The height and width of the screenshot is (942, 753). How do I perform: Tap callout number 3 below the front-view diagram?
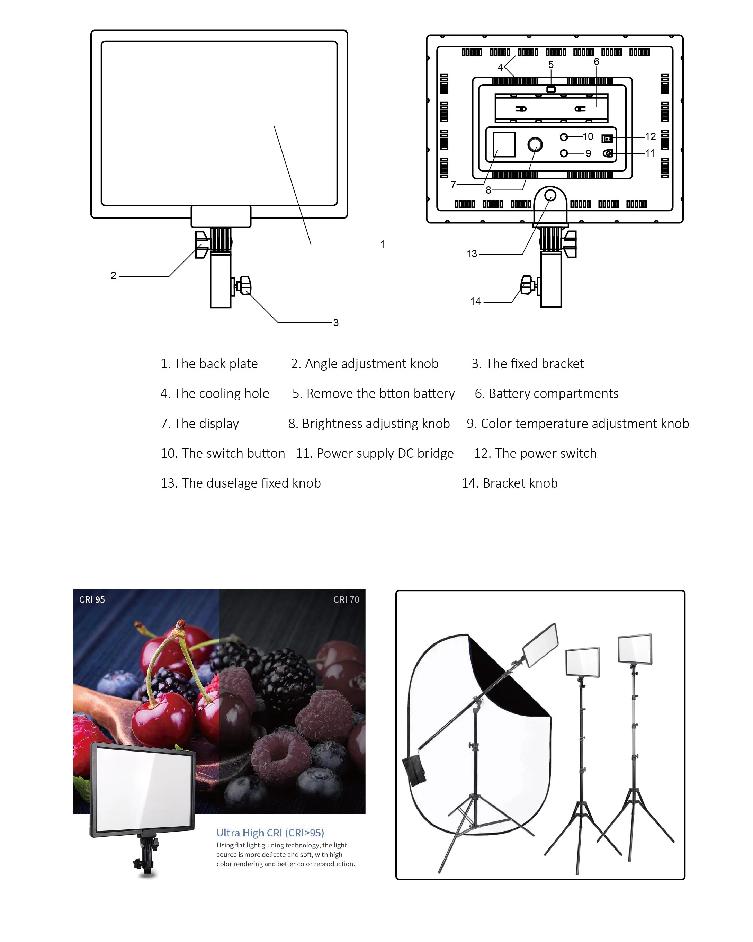(x=335, y=322)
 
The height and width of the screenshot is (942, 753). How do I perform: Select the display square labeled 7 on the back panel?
(x=504, y=144)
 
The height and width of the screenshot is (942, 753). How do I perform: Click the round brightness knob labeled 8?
(x=535, y=144)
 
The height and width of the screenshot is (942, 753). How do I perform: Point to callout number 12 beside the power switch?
(x=650, y=136)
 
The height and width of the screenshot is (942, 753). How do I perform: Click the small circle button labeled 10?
(x=563, y=137)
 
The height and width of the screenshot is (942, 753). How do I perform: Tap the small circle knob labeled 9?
(x=563, y=153)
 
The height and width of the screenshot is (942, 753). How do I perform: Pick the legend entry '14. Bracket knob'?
(x=509, y=483)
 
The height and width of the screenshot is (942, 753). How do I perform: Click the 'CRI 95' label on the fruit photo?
(x=92, y=599)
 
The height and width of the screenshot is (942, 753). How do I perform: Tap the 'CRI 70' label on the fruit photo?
(x=346, y=599)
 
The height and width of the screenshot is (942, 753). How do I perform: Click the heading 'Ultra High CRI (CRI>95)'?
(x=270, y=832)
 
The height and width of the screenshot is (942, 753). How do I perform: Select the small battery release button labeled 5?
(x=551, y=90)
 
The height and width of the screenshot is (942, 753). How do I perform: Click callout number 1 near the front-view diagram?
(x=382, y=244)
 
